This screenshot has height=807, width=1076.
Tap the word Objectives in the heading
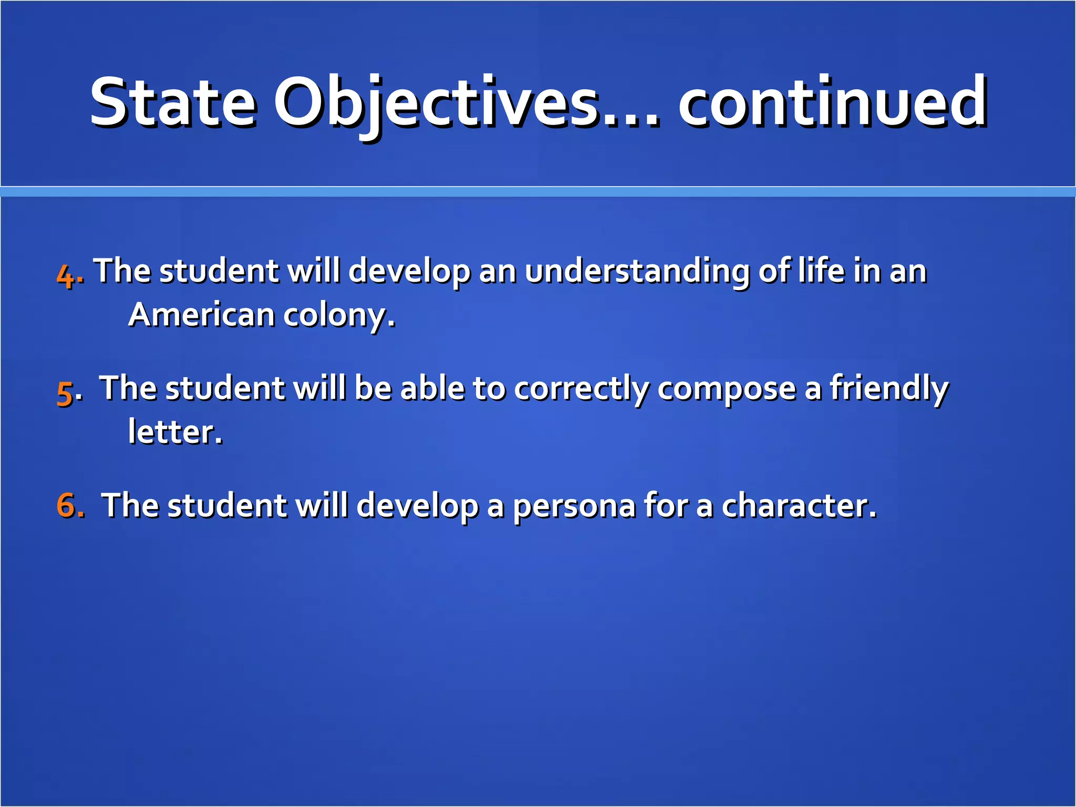pos(436,102)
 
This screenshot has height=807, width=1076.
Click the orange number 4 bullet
pos(66,275)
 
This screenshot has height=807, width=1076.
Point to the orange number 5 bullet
pos(65,392)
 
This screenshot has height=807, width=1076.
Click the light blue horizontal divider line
pos(538,192)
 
